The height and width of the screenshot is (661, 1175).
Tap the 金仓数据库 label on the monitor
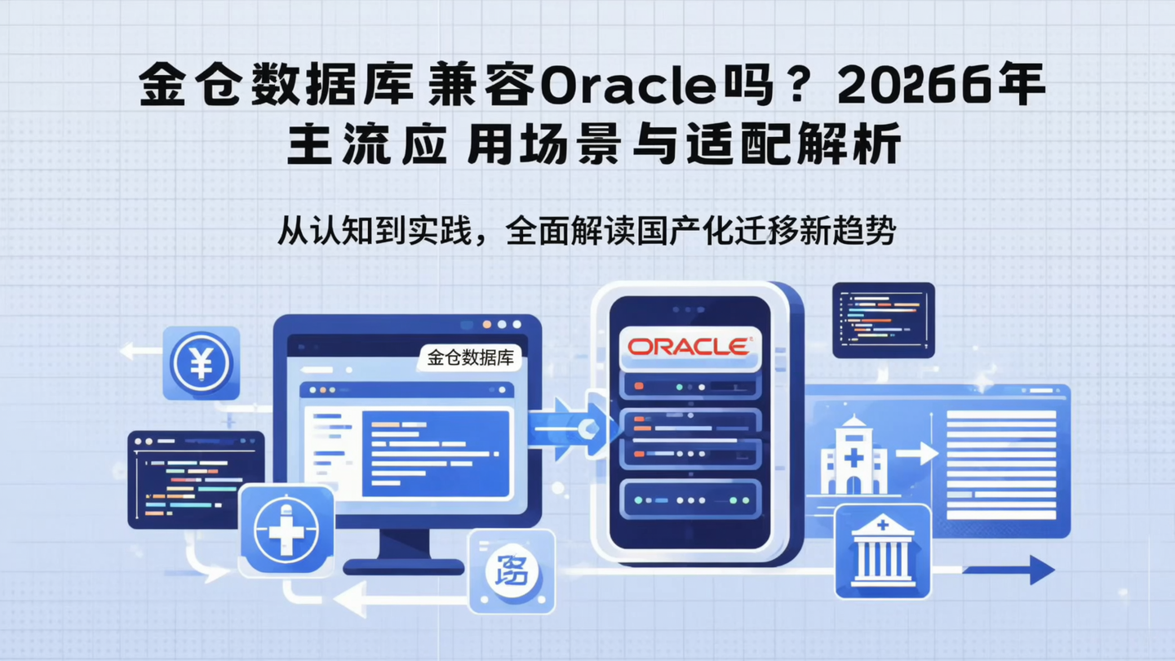(469, 358)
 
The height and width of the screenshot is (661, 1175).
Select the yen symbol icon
(201, 363)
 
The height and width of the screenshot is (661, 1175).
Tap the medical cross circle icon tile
(286, 530)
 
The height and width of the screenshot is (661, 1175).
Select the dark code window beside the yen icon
(196, 480)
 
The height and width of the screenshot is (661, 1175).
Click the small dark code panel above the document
(883, 320)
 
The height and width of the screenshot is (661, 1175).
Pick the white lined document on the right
(1000, 464)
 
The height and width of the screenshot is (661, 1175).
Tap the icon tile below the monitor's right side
(512, 571)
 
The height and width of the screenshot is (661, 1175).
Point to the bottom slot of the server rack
(689, 499)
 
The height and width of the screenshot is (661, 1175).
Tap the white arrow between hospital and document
(916, 454)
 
